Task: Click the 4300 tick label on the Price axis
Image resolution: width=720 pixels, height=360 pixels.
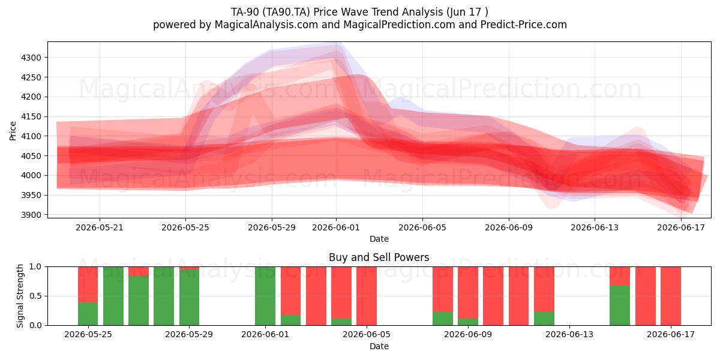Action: tap(31, 58)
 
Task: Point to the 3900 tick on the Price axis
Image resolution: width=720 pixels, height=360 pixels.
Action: tap(31, 215)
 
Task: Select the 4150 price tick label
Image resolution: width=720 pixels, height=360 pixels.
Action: tap(31, 116)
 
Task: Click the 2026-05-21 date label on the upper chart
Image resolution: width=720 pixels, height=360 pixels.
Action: tap(100, 227)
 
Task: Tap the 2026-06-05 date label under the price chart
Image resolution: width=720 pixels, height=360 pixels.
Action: tap(422, 227)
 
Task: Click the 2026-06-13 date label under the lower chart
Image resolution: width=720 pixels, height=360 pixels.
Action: tap(569, 335)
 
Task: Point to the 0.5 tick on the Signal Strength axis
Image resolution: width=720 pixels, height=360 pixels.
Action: tap(35, 296)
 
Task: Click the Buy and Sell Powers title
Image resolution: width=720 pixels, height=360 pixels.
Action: tap(379, 257)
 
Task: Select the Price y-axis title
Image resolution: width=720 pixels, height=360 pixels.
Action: tap(13, 131)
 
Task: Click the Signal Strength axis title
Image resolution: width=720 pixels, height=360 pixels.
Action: tap(20, 296)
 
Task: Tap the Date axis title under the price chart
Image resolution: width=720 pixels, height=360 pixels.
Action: tap(379, 239)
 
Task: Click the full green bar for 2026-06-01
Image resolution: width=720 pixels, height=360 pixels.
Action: tap(265, 296)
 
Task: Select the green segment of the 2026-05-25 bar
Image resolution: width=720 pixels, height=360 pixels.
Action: tap(88, 314)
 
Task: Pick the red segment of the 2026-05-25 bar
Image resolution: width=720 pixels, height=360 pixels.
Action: tap(88, 284)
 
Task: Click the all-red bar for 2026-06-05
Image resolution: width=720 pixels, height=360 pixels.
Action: tap(367, 296)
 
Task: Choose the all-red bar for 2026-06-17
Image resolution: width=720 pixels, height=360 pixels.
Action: tap(671, 296)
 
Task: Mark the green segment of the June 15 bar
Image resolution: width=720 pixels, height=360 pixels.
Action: tap(620, 305)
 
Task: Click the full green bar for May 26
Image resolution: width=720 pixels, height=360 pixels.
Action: tap(113, 296)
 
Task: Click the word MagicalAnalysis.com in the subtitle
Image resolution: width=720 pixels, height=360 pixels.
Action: tap(266, 25)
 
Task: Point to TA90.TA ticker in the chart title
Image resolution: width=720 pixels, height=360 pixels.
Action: tap(286, 12)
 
